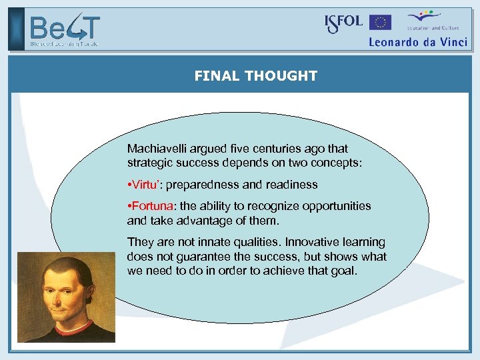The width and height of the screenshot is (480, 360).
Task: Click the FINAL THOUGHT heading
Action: pyautogui.click(x=255, y=76)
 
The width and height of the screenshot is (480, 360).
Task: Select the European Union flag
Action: pyautogui.click(x=381, y=23)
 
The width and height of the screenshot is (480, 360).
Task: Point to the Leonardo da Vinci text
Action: pyautogui.click(x=418, y=41)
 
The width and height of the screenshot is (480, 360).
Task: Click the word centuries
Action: pyautogui.click(x=276, y=149)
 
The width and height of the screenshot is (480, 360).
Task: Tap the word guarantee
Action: pyautogui.click(x=196, y=257)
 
